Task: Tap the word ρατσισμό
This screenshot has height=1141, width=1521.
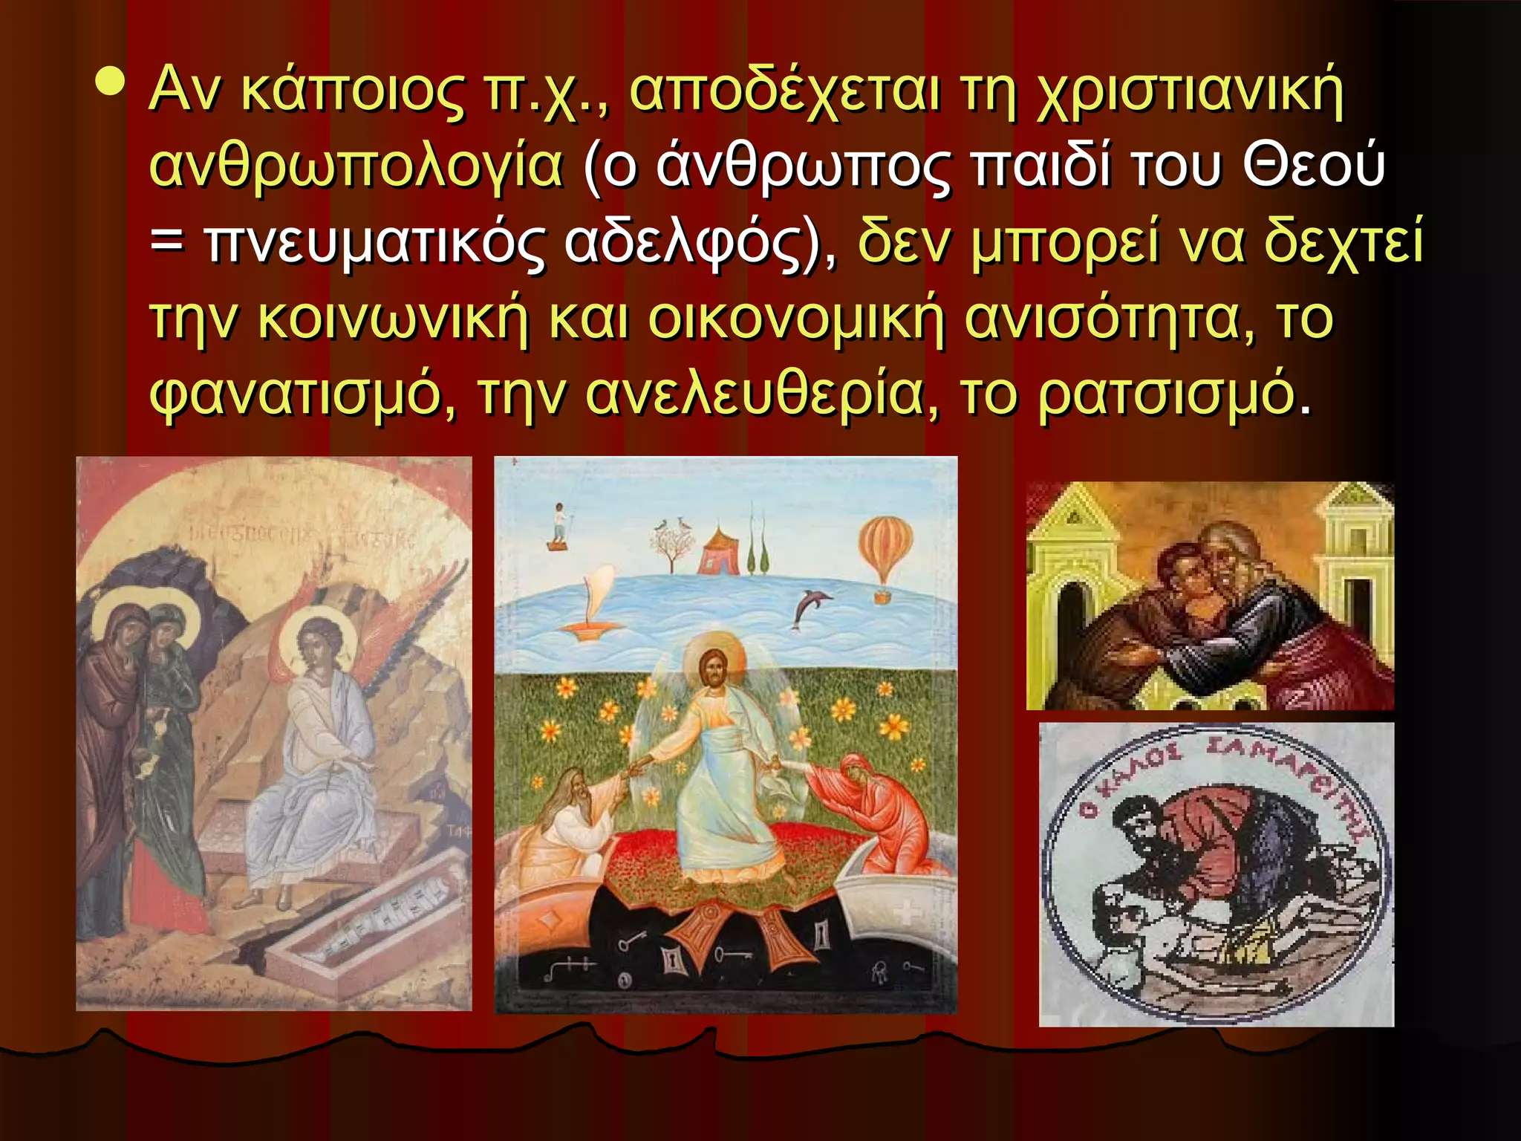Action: (1167, 395)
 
